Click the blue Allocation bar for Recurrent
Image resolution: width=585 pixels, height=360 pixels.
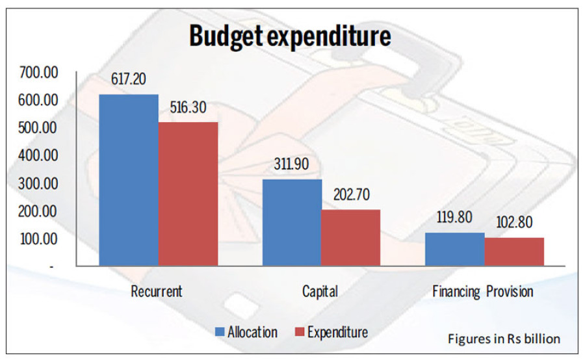[128, 180]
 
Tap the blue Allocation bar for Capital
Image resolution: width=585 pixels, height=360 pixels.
[291, 222]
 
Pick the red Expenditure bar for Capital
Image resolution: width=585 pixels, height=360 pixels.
[351, 237]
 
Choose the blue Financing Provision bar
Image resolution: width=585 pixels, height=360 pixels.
[454, 249]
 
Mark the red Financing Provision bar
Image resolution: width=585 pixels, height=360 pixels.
[514, 251]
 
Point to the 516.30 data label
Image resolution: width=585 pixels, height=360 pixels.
[188, 107]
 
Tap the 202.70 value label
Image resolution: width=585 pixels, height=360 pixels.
[352, 194]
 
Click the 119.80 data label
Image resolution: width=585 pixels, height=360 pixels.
[456, 218]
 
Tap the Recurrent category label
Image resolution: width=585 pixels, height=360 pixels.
[156, 291]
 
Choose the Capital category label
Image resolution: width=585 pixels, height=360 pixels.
[320, 291]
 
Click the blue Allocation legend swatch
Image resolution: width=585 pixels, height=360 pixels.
[220, 333]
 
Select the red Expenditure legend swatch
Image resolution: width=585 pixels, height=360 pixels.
[299, 333]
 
